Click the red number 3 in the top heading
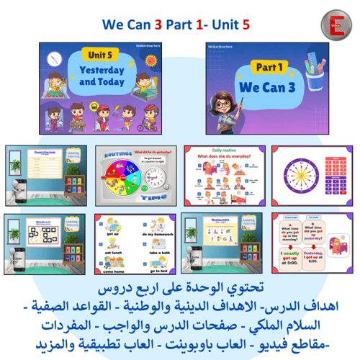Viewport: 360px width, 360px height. click(158, 23)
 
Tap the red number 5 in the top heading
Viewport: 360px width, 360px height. click(246, 23)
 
